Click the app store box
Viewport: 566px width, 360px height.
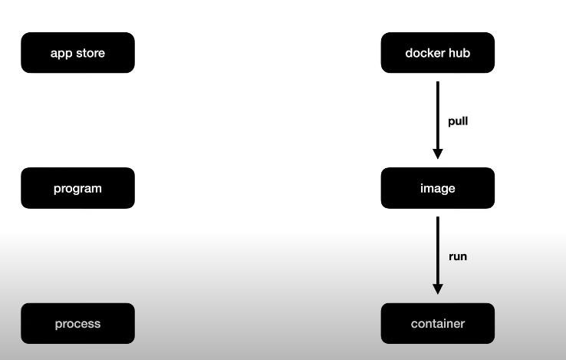point(77,53)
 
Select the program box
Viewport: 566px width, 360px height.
point(77,188)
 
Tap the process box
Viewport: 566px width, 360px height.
point(77,323)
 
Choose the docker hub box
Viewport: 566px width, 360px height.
point(437,53)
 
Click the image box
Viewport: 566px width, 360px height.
point(437,188)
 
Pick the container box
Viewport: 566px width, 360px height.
point(437,323)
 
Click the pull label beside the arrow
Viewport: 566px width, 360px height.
point(458,121)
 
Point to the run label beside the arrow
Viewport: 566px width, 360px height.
point(457,256)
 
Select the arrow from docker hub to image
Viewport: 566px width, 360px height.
point(437,115)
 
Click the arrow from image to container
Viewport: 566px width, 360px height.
point(437,250)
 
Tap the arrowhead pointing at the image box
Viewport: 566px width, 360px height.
point(437,154)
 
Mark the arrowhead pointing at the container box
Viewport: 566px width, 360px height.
point(437,289)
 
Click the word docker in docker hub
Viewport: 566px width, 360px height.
point(424,53)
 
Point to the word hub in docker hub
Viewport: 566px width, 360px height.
point(459,53)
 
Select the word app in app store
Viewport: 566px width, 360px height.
point(61,54)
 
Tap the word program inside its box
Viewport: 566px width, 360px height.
point(77,189)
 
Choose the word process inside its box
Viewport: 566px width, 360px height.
point(77,324)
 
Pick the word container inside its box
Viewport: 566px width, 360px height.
point(437,323)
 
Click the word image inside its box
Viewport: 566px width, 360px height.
point(437,189)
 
